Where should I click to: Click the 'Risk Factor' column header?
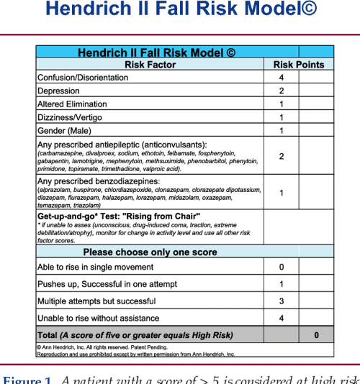(150, 65)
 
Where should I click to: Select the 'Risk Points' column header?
(299, 65)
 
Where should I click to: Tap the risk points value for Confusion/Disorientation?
(281, 78)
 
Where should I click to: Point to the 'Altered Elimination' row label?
(72, 104)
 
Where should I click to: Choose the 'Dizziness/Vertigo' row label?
(69, 117)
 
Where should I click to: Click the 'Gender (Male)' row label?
(65, 130)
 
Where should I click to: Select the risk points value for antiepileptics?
(281, 156)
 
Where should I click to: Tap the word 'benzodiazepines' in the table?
(132, 181)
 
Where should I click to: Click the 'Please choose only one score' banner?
(150, 252)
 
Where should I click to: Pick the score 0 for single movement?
(281, 268)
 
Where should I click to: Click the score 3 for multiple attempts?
(281, 301)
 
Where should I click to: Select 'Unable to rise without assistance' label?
(96, 318)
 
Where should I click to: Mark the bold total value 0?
(316, 335)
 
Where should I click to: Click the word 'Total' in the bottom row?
(48, 335)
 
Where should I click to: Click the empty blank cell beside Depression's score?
(316, 91)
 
